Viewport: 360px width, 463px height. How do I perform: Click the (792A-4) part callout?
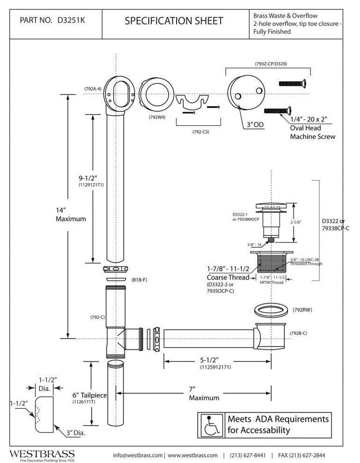94,88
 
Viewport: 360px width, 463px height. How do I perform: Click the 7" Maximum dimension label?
204,393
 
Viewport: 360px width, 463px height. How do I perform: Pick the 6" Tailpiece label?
90,395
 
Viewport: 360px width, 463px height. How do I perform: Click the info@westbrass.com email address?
137,455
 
